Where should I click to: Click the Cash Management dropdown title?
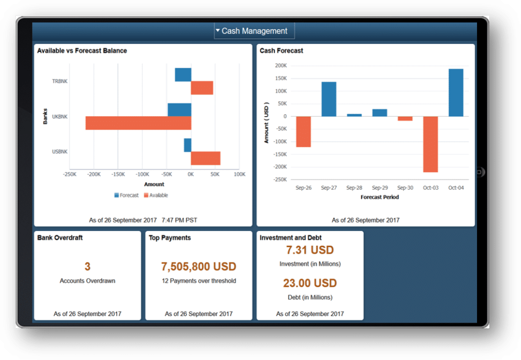(254, 31)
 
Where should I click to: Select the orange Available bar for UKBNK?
(138, 123)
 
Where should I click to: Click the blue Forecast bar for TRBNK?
(183, 74)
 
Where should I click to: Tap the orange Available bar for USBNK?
(205, 158)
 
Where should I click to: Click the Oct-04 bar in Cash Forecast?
(456, 93)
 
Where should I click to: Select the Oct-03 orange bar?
(430, 144)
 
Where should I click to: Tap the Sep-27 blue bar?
(329, 99)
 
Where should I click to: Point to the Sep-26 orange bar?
(303, 131)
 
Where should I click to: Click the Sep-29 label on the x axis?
(379, 188)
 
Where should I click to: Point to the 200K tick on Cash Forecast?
(281, 66)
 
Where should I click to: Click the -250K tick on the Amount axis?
(69, 174)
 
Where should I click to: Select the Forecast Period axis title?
(379, 197)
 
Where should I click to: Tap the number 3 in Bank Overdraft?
(88, 266)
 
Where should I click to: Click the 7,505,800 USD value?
(199, 266)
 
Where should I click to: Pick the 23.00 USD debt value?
(310, 283)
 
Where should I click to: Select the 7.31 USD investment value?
(310, 250)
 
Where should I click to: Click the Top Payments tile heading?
(169, 238)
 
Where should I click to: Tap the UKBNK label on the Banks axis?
(60, 117)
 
